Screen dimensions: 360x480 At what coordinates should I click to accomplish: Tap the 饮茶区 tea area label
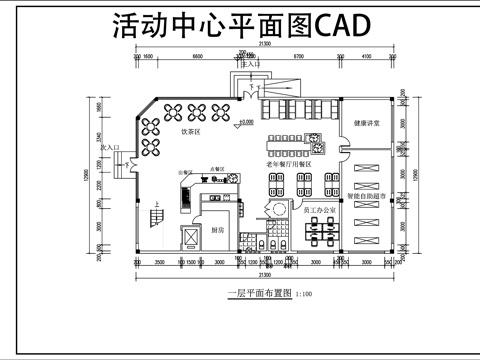191,132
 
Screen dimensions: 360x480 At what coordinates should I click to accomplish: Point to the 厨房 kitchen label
218,230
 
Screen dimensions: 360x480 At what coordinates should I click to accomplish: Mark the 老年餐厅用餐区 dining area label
289,163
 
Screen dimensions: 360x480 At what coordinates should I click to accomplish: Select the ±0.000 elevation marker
246,123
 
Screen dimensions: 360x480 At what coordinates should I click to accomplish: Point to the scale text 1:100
305,294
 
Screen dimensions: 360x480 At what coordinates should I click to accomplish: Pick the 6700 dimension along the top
297,57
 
